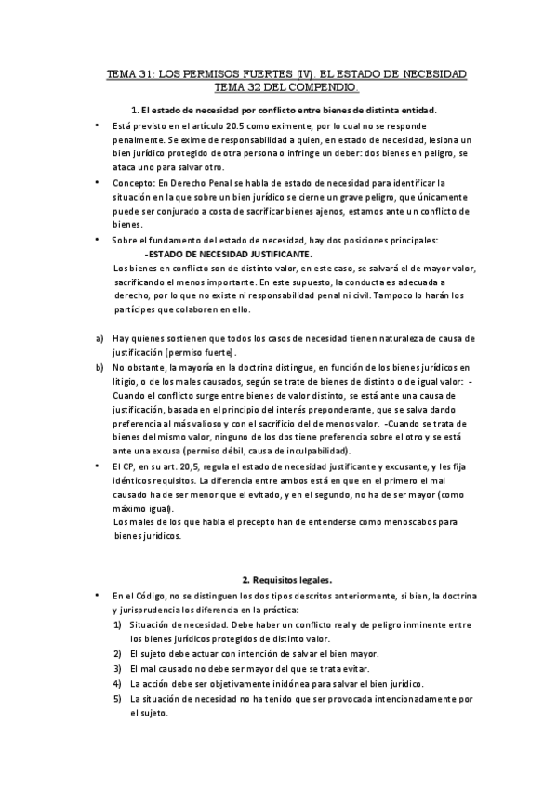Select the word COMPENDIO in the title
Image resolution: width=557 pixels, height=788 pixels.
[323, 87]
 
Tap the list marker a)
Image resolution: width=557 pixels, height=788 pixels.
[99, 339]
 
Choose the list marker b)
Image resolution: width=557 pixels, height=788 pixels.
[99, 368]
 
